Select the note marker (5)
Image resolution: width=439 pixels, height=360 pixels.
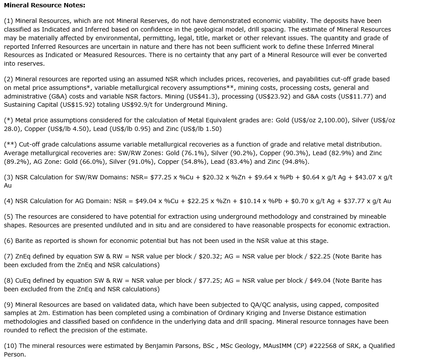9,217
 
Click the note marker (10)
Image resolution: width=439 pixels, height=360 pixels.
10,346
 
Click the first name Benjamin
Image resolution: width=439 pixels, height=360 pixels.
156,346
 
